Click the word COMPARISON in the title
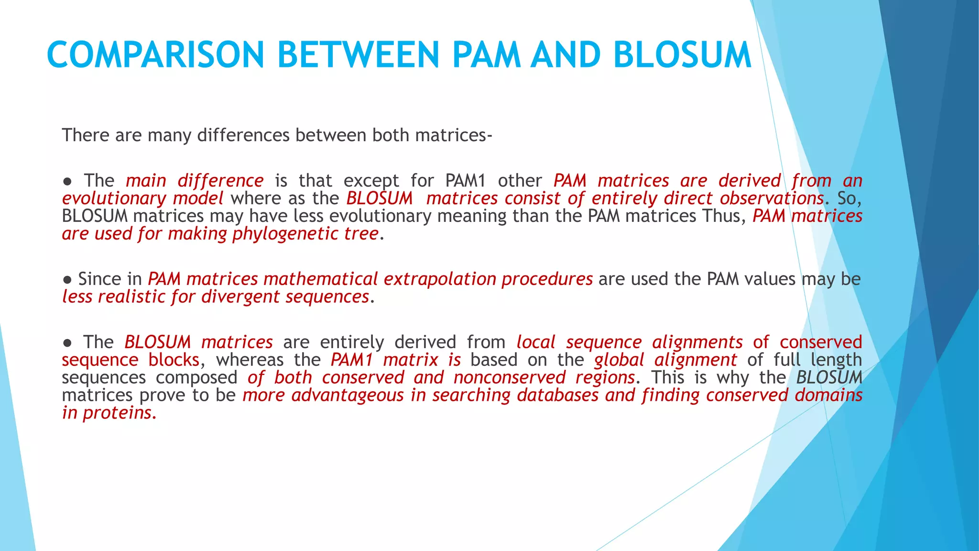tap(155, 55)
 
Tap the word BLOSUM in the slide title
tap(682, 55)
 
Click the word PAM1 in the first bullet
tap(465, 181)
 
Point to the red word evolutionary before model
tap(114, 198)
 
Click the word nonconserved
tap(509, 377)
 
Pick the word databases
tap(557, 395)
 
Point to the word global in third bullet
tap(619, 360)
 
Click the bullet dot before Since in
tap(67, 279)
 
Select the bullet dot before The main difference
tap(67, 181)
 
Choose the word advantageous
tap(348, 395)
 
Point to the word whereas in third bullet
tap(250, 360)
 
